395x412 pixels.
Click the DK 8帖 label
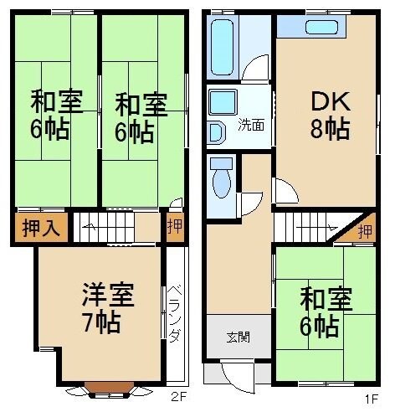[x=326, y=115]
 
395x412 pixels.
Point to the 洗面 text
[x=250, y=126]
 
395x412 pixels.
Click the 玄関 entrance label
[x=237, y=338]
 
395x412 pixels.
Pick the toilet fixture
[x=222, y=179]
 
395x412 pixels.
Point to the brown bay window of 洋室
[x=108, y=386]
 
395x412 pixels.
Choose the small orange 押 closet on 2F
[x=175, y=225]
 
